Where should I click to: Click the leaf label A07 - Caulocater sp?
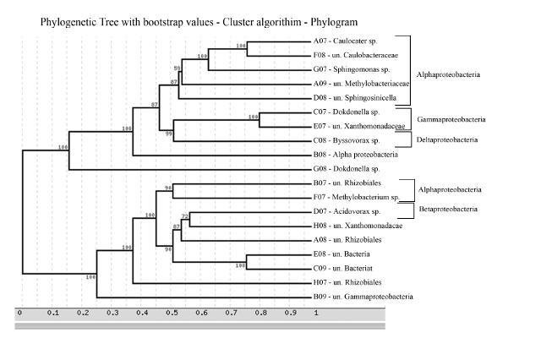(348, 41)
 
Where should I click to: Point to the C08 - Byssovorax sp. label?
(348, 140)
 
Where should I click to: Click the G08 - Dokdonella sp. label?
(347, 170)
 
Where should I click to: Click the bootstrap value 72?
(185, 216)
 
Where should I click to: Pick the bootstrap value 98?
(168, 188)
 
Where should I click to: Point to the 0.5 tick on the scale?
(167, 313)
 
